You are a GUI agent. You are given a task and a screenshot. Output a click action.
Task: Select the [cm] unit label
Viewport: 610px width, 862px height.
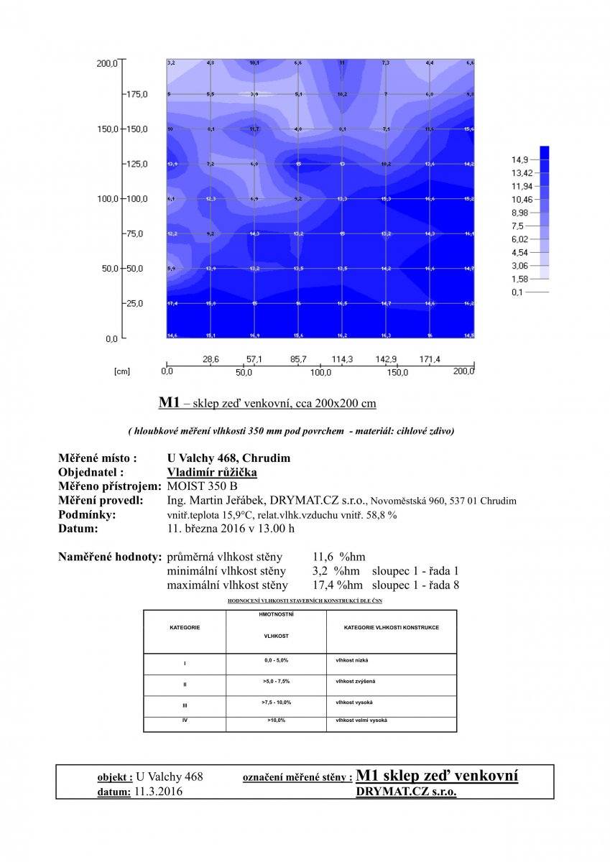point(121,372)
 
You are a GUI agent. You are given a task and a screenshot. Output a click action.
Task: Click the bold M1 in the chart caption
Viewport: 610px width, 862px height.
point(168,403)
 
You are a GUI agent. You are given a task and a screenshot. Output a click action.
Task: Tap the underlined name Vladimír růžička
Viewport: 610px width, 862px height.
point(211,472)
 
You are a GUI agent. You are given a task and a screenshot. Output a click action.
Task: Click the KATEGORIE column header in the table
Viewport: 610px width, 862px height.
point(185,627)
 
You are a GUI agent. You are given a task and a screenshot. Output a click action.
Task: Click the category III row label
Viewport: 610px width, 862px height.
point(185,705)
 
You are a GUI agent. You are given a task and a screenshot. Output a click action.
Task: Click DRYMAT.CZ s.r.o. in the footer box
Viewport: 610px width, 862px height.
point(405,791)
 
